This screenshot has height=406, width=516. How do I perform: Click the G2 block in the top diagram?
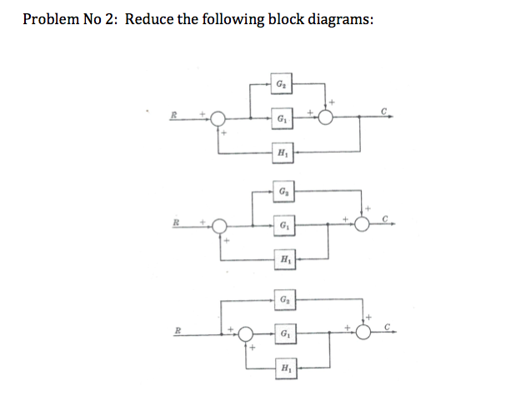(x=281, y=84)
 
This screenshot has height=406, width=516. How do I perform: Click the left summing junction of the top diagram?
(x=218, y=119)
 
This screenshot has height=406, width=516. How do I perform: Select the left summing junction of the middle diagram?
(x=219, y=226)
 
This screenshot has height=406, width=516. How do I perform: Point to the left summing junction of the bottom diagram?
(x=246, y=333)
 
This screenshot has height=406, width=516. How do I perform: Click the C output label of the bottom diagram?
(x=387, y=325)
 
